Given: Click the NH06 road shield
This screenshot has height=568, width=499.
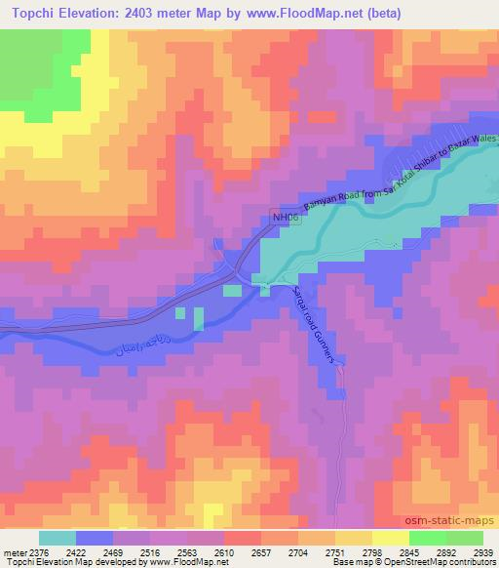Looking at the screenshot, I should coord(282,221).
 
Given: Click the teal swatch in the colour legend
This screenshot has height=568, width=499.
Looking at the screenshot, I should coord(58,538).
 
